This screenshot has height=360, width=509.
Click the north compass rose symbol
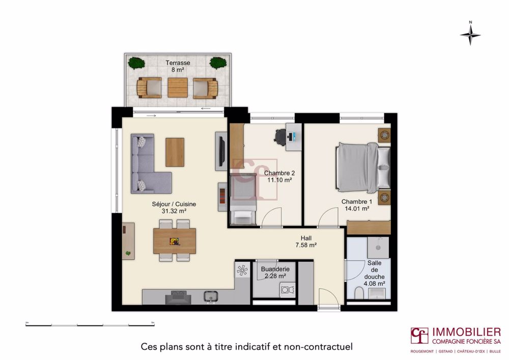tap(471, 35)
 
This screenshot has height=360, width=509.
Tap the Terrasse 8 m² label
tap(178, 67)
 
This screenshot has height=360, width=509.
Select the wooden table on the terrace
tap(178, 88)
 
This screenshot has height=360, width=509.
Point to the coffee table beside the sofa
tap(175, 152)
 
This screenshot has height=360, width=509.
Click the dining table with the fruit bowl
tap(175, 241)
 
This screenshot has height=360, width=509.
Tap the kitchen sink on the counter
tap(209, 296)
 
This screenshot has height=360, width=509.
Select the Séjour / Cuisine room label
tap(174, 207)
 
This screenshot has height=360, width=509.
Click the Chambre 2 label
tap(280, 176)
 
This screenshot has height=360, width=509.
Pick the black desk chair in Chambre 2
tap(280, 135)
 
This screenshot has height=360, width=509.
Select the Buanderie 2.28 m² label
tap(275, 272)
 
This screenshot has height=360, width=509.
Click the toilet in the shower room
tap(359, 293)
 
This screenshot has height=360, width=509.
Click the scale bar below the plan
tap(90, 324)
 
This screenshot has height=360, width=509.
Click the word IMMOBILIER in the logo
tap(466, 332)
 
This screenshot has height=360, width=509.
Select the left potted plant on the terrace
tap(136, 63)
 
